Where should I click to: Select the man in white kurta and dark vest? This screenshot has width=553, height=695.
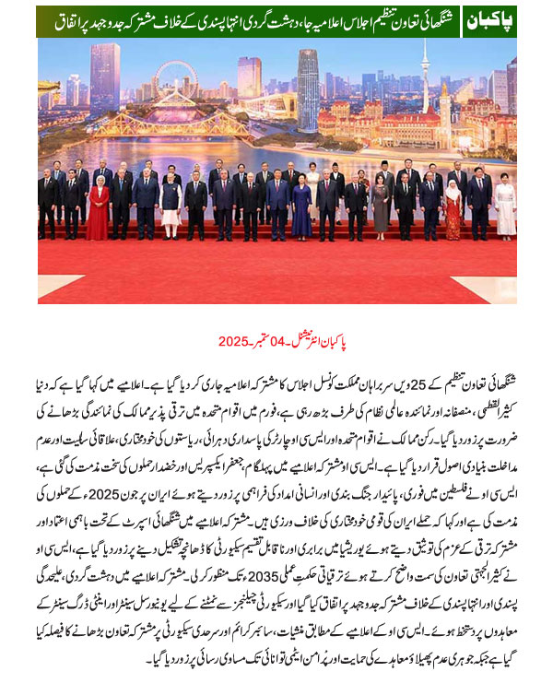[x=171, y=204]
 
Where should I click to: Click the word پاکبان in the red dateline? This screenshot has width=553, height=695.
[x=369, y=342]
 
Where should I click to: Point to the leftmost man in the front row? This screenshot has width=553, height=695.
[x=48, y=206]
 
